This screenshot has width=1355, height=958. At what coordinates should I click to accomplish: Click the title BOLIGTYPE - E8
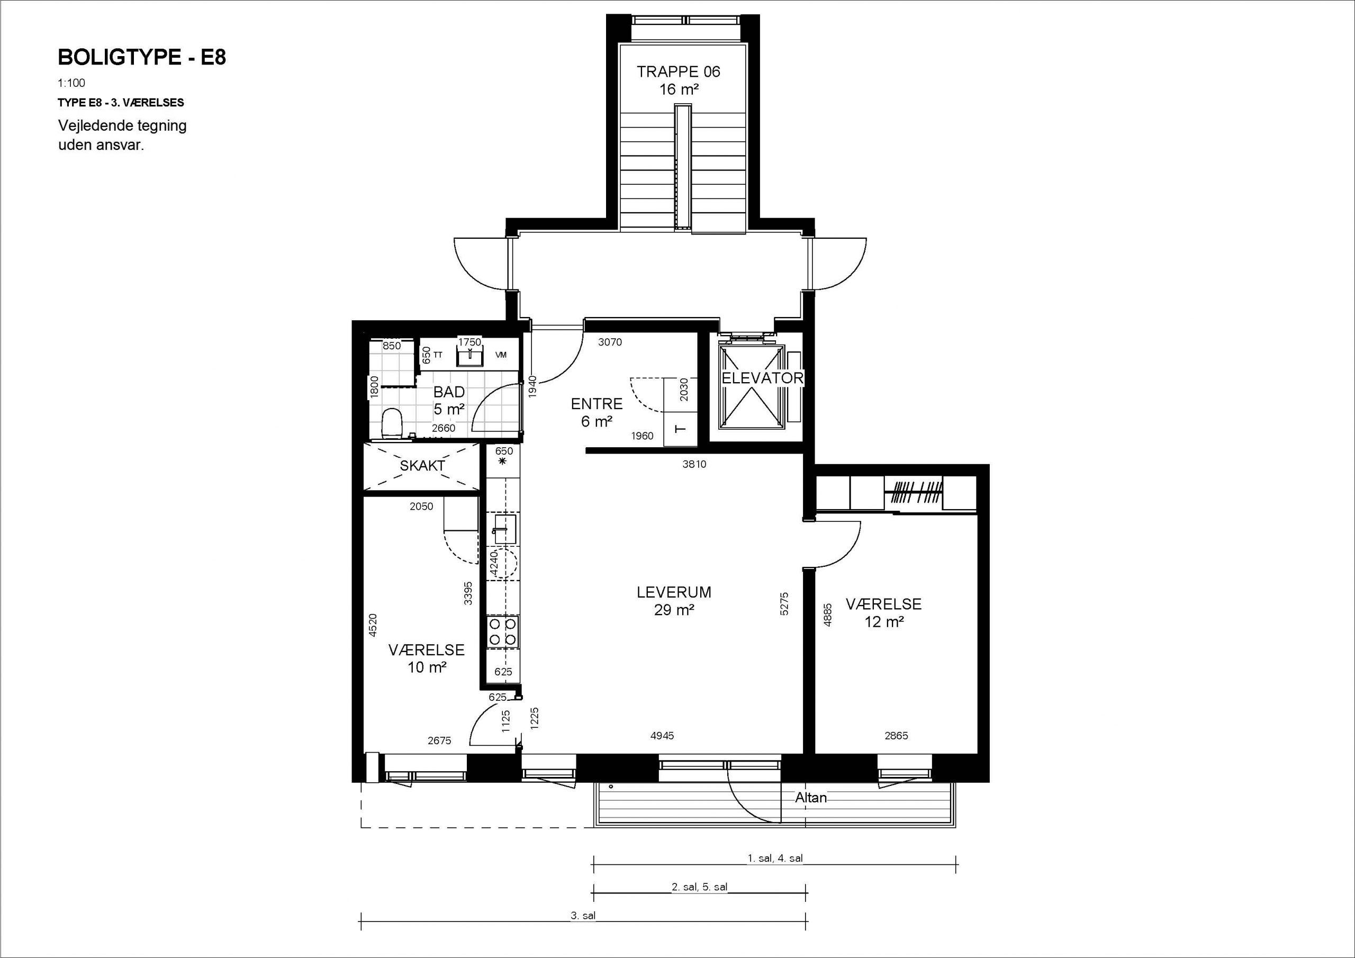[x=142, y=57]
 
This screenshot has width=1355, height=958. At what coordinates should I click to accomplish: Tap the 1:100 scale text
[x=71, y=83]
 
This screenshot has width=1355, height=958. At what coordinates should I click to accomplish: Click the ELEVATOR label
[x=763, y=378]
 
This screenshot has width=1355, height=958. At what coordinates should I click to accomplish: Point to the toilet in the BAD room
[x=391, y=424]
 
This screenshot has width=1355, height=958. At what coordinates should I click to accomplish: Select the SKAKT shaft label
[x=422, y=466]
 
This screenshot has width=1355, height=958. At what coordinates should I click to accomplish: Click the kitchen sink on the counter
[x=502, y=529]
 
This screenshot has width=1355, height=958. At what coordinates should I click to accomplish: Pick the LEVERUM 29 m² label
[x=674, y=600]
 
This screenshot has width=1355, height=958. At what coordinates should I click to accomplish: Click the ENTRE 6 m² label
[x=597, y=412]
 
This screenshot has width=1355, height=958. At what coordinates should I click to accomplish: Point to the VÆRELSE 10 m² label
[x=427, y=658]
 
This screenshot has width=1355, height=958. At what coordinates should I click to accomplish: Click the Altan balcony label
[x=811, y=798]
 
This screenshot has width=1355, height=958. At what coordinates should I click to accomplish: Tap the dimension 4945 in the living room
[x=662, y=736]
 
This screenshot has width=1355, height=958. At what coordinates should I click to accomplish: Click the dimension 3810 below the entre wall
[x=694, y=464]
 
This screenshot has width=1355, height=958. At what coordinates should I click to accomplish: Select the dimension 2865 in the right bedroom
[x=897, y=736]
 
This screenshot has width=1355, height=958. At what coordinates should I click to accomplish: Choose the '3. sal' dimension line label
[x=583, y=916]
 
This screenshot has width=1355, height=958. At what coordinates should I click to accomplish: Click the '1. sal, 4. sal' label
[x=775, y=858]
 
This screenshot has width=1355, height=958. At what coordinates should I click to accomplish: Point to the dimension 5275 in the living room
[x=784, y=604]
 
